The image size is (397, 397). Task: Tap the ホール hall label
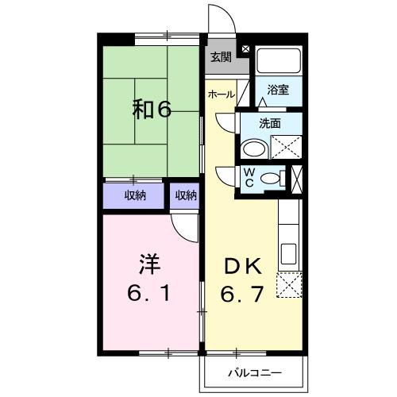pyautogui.click(x=221, y=94)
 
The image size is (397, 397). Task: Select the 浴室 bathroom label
pyautogui.click(x=277, y=91)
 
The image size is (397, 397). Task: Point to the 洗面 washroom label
pyautogui.click(x=270, y=123)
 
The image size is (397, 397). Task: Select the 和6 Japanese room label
pyautogui.click(x=152, y=110)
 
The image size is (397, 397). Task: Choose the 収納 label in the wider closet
pyautogui.click(x=135, y=195)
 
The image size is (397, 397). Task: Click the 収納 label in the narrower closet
pyautogui.click(x=186, y=195)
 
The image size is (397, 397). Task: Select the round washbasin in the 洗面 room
pyautogui.click(x=254, y=149)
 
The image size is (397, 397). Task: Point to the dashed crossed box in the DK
pyautogui.click(x=290, y=284)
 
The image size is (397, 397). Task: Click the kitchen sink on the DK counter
pyautogui.click(x=289, y=255)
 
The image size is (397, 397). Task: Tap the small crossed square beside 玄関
pyautogui.click(x=245, y=49)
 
